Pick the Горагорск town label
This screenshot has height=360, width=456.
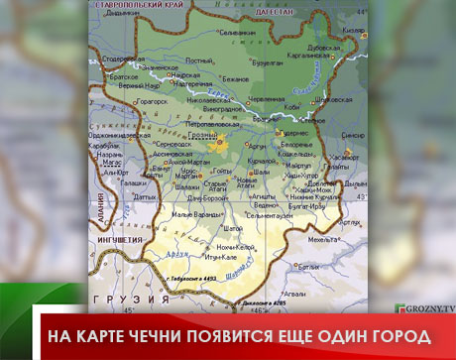point(152,101)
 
